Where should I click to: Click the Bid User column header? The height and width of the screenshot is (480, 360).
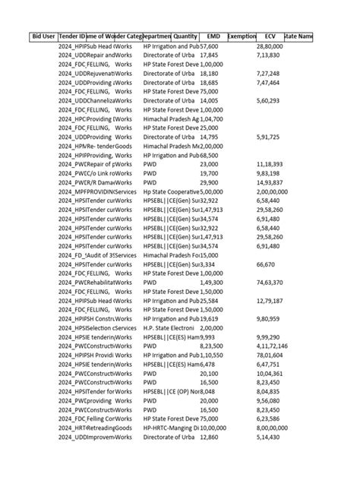pyautogui.click(x=43, y=36)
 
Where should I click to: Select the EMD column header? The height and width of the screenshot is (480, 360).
pyautogui.click(x=213, y=36)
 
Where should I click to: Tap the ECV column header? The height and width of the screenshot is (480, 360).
pyautogui.click(x=270, y=36)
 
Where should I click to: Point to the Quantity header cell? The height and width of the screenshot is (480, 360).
pyautogui.click(x=185, y=36)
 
